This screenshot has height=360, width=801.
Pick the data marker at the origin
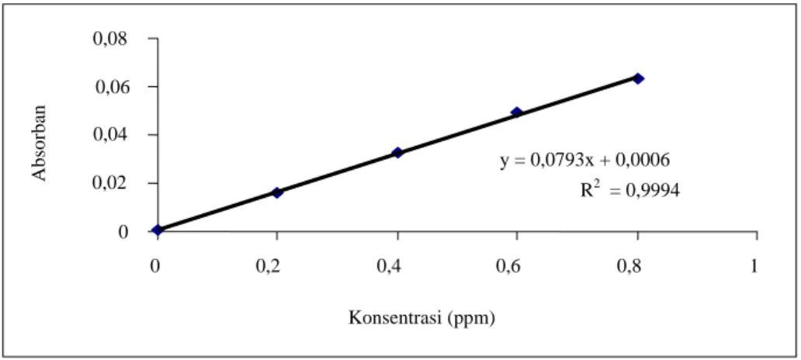pyautogui.click(x=158, y=230)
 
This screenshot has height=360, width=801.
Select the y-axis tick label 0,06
pyautogui.click(x=111, y=88)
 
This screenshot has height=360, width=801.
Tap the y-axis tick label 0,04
pyautogui.click(x=111, y=135)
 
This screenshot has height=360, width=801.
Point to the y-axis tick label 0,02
pyautogui.click(x=111, y=183)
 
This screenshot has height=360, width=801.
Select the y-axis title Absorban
pyautogui.click(x=40, y=143)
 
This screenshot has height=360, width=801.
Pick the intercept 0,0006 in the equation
pyautogui.click(x=643, y=162)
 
